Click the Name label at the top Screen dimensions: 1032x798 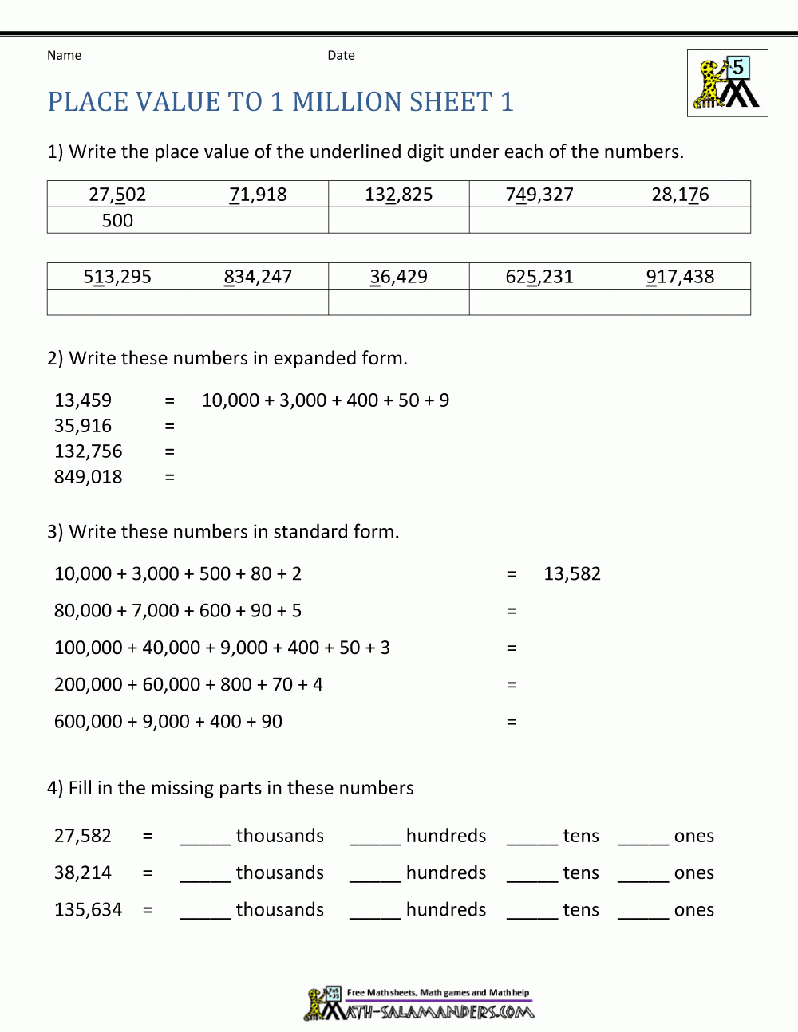coord(64,55)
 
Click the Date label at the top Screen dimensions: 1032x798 coord(341,55)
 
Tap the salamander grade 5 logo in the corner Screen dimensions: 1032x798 coord(727,83)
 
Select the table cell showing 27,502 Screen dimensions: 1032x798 coord(117,195)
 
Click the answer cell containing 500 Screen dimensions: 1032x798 coord(117,221)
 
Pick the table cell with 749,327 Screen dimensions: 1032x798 coord(539,195)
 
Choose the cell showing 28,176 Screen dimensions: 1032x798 coord(680,195)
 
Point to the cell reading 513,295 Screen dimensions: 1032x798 coord(117,277)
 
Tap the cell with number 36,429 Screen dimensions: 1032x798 coord(398,277)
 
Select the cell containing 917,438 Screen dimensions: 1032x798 coord(680,277)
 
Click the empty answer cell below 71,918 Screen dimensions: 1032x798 coord(258,221)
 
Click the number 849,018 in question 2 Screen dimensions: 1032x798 coord(89,477)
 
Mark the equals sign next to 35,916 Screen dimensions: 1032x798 coord(169,426)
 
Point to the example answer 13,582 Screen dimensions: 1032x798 coord(572,573)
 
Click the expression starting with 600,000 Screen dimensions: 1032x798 coord(168,722)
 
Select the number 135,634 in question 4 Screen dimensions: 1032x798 coord(89,910)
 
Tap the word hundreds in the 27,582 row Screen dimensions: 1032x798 coord(446,836)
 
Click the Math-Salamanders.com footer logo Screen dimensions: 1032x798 coord(420,1005)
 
